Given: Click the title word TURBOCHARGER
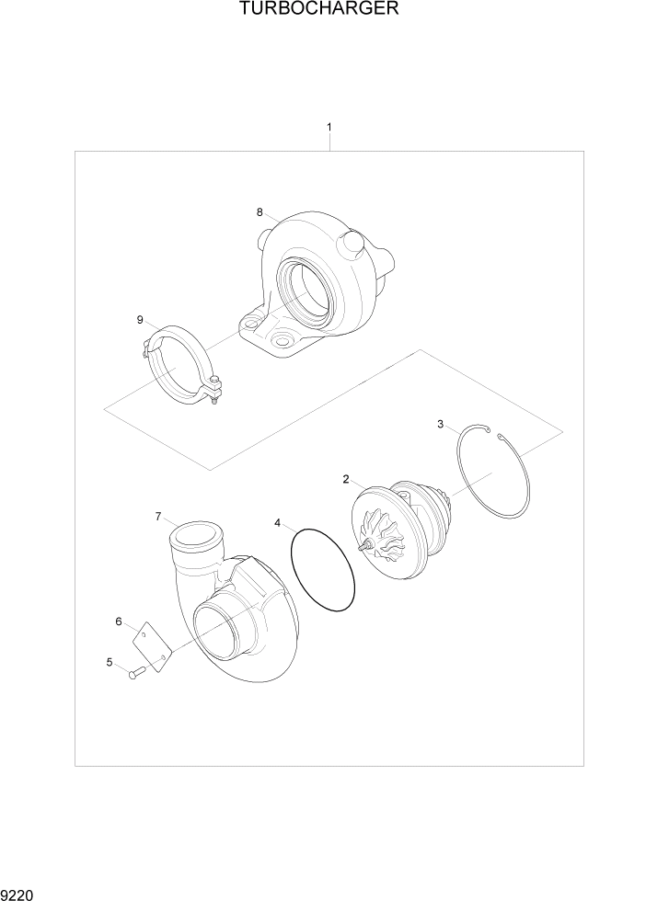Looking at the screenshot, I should pyautogui.click(x=319, y=10).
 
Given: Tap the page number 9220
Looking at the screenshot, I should pyautogui.click(x=19, y=894).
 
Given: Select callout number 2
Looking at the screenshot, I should pyautogui.click(x=346, y=479).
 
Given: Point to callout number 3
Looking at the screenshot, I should pyautogui.click(x=440, y=424).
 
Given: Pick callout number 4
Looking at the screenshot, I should pyautogui.click(x=277, y=523).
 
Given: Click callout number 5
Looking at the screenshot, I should pyautogui.click(x=110, y=662).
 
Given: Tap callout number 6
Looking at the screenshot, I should pyautogui.click(x=119, y=622).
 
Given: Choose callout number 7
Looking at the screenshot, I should pyautogui.click(x=157, y=518).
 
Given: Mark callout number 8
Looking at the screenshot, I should pyautogui.click(x=260, y=212).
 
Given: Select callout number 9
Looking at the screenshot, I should pyautogui.click(x=140, y=320).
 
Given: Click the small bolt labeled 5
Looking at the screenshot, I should pyautogui.click(x=136, y=674).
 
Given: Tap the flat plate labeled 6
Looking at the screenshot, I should pyautogui.click(x=154, y=647).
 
